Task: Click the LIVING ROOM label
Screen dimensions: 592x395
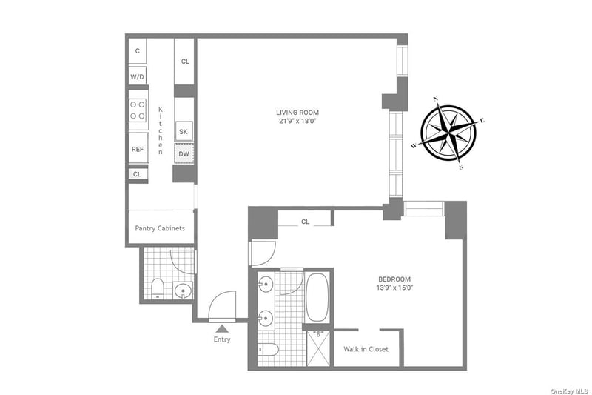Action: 297,112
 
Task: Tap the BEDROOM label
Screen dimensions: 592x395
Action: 394,279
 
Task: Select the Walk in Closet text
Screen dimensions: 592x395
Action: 366,349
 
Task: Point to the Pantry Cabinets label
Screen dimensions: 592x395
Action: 160,228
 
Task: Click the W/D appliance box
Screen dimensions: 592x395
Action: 138,76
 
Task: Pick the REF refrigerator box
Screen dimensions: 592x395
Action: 138,148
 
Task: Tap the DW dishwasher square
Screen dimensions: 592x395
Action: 184,154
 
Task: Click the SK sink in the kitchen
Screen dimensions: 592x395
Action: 184,131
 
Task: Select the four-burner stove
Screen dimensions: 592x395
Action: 138,110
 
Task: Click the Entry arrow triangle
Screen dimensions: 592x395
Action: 222,328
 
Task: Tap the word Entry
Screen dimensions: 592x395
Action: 222,339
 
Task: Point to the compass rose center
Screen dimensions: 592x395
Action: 448,133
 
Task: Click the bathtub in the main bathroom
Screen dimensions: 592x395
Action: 317,297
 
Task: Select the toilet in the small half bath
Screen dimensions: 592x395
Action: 157,289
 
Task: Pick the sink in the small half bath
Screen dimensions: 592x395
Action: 183,291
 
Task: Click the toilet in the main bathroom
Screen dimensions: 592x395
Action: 269,350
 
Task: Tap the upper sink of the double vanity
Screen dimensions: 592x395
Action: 266,284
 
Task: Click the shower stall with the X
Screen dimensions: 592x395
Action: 318,348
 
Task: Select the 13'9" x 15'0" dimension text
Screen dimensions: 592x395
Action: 394,288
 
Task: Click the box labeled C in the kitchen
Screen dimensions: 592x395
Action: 138,50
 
